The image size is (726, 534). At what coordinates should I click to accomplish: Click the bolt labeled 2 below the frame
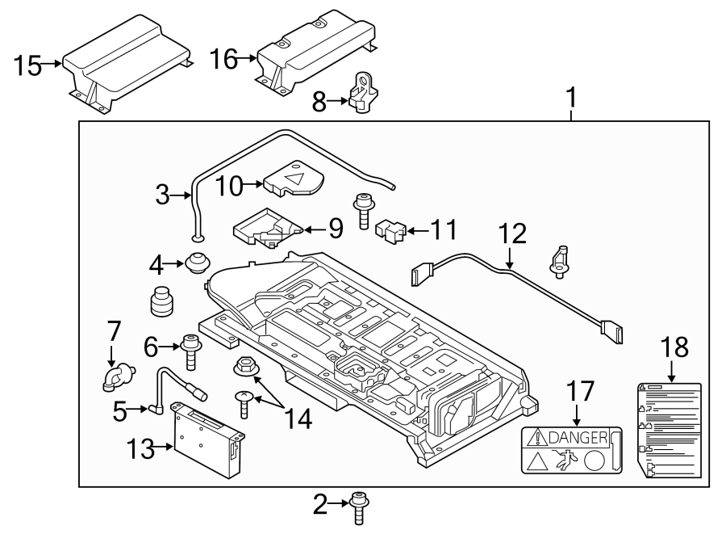pyautogui.click(x=359, y=507)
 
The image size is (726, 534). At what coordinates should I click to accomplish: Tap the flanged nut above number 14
pyautogui.click(x=246, y=368)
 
